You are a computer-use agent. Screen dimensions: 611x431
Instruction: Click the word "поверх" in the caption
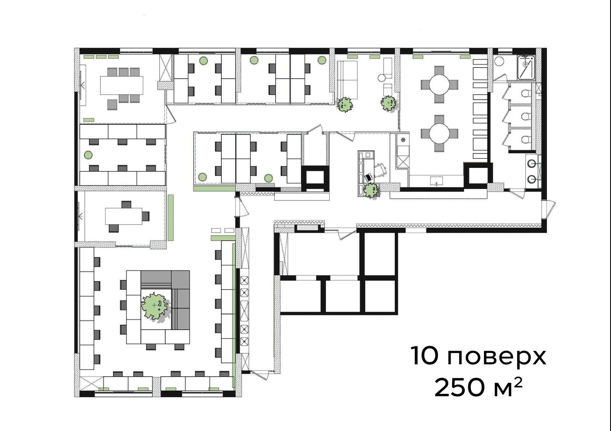497,356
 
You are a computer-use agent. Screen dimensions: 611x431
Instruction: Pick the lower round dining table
439,133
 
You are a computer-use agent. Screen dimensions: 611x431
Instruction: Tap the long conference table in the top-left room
122,85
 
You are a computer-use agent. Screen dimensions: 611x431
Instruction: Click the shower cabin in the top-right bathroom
526,68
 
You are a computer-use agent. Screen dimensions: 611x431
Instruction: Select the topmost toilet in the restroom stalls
525,94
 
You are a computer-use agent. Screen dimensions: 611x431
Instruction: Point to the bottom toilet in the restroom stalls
525,140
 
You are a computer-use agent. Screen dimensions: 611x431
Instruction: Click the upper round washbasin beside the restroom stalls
531,164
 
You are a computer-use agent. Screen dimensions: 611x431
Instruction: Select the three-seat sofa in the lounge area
347,80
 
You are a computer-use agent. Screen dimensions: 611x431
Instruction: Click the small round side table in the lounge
381,78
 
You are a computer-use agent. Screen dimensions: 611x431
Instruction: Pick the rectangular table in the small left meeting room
124,216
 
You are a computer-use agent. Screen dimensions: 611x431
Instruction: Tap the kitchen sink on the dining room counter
436,181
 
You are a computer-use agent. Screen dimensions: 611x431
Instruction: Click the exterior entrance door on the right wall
548,209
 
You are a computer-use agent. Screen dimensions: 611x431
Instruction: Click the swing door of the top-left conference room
171,114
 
